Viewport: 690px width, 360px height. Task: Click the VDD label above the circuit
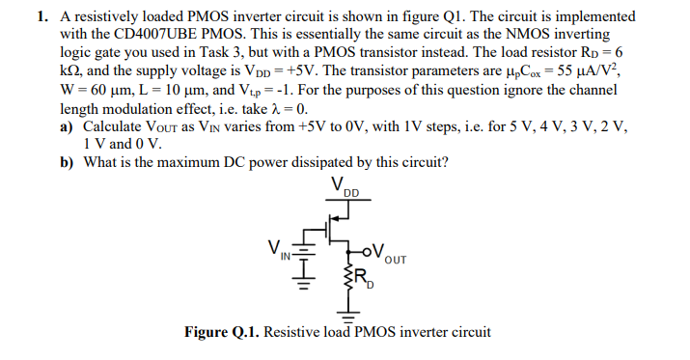(x=342, y=186)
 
